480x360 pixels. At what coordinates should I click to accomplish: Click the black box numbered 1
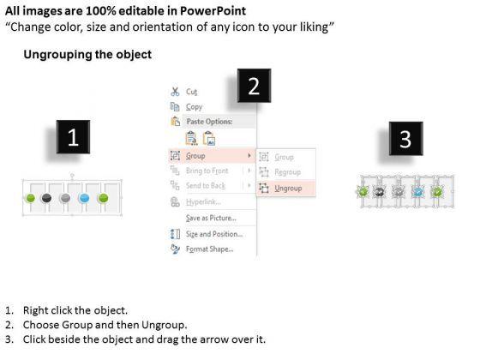[x=73, y=137]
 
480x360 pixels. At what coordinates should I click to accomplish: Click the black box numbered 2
[x=254, y=86]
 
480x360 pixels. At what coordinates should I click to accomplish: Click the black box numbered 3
[x=406, y=138]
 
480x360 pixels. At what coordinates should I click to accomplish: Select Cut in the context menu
[x=192, y=92]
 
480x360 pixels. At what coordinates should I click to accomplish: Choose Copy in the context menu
[x=194, y=107]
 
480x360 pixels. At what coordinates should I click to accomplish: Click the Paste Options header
[x=209, y=122]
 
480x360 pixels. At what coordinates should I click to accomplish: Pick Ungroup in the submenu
[x=288, y=188]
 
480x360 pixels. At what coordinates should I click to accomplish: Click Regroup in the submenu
[x=287, y=172]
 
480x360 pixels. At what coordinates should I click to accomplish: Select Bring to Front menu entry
[x=207, y=171]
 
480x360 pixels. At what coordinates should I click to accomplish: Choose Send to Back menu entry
[x=206, y=185]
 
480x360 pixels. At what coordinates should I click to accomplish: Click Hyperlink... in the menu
[x=203, y=202]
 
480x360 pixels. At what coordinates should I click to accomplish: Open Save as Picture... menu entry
[x=211, y=218]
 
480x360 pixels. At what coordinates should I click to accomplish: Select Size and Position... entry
[x=214, y=234]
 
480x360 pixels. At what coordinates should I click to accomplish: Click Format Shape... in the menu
[x=210, y=249]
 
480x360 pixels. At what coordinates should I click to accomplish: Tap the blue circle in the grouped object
[x=84, y=198]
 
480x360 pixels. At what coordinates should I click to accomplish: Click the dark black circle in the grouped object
[x=46, y=198]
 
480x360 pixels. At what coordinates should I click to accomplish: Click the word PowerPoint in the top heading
[x=213, y=11]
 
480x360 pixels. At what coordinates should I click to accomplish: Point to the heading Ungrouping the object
[x=87, y=55]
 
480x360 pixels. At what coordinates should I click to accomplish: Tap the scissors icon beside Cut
[x=175, y=92]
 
